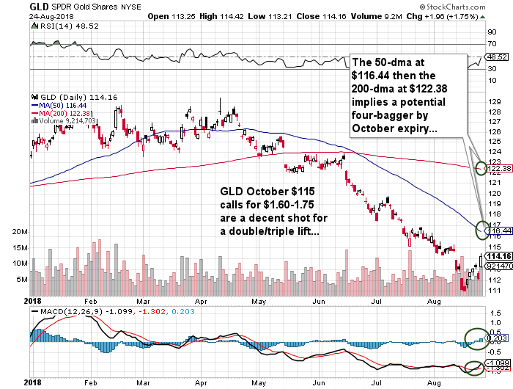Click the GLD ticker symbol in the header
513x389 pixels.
[39, 6]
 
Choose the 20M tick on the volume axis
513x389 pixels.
[21, 230]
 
